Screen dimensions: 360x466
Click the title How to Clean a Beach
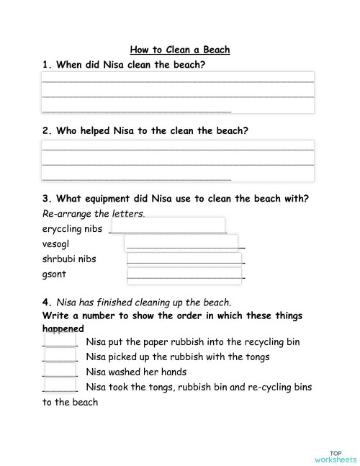click(179, 50)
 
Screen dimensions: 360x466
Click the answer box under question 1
click(178, 92)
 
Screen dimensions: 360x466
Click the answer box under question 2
click(178, 160)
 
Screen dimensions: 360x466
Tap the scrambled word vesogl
click(56, 244)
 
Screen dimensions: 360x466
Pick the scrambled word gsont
click(55, 274)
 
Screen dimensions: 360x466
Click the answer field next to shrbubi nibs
click(186, 259)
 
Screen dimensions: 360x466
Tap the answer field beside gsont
click(186, 274)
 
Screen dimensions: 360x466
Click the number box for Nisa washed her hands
click(60, 371)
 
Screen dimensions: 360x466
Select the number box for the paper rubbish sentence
click(60, 340)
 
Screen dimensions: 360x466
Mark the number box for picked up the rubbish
click(60, 355)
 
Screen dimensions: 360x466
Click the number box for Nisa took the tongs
click(60, 386)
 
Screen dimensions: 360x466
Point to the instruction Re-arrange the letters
click(94, 214)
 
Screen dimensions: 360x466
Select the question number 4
click(46, 303)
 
